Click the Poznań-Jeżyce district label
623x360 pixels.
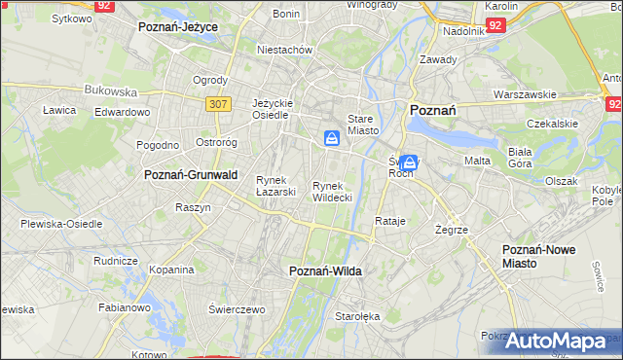point(178,27)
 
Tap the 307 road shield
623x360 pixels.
point(218,102)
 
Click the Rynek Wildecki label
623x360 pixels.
point(332,191)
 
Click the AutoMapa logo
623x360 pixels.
point(562,342)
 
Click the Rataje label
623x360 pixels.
point(389,221)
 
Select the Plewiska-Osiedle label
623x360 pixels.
point(61,224)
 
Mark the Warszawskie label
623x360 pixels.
point(525,95)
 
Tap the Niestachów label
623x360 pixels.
point(283,50)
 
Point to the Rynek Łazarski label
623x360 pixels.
point(275,185)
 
